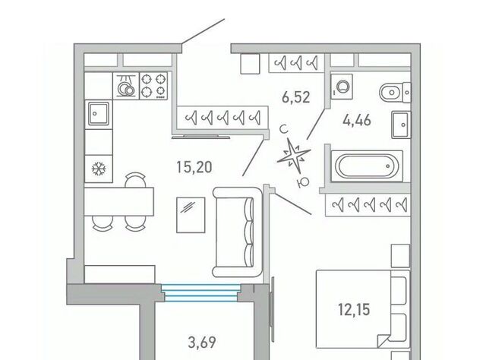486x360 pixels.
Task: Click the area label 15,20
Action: pos(194,167)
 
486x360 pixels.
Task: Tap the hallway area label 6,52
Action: pos(296,97)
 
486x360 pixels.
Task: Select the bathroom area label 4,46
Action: pos(357,120)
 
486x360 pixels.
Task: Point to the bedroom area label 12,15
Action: pos(354,309)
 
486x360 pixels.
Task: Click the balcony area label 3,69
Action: pos(202,343)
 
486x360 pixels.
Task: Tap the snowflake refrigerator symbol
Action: pos(99,169)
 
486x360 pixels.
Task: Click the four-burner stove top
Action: pos(153,85)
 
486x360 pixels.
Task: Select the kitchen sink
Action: pos(99,113)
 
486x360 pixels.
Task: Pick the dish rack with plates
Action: pos(126,86)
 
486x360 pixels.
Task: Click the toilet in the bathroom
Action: pos(396,92)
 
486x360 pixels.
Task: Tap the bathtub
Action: pos(367,166)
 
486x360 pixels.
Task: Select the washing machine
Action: pos(342,87)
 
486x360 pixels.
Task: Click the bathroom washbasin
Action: pos(401,125)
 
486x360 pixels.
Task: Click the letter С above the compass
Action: pos(283,129)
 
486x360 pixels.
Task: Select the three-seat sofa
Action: pos(238,232)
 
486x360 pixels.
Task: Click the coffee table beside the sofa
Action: pos(191,215)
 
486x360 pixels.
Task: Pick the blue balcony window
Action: pos(200,293)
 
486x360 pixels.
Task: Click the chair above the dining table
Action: pos(135,180)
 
